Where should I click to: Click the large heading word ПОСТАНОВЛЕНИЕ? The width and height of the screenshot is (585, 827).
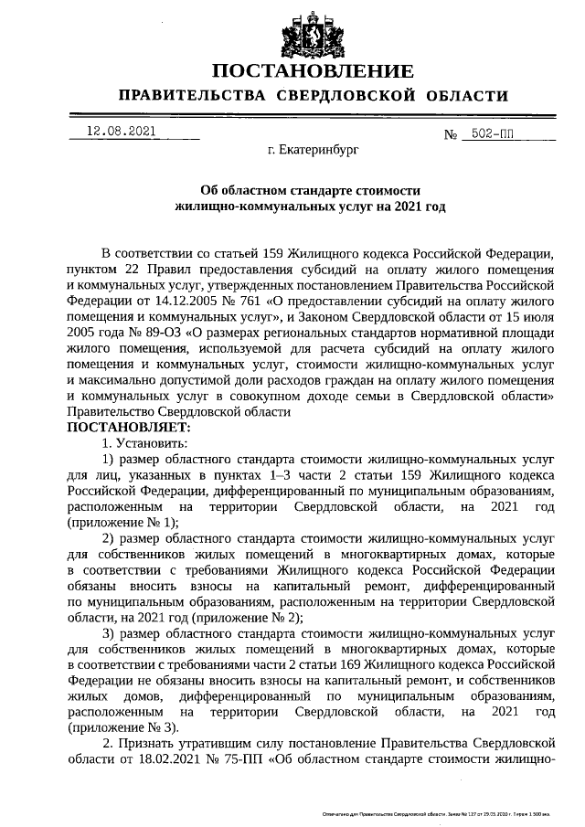[313, 72]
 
